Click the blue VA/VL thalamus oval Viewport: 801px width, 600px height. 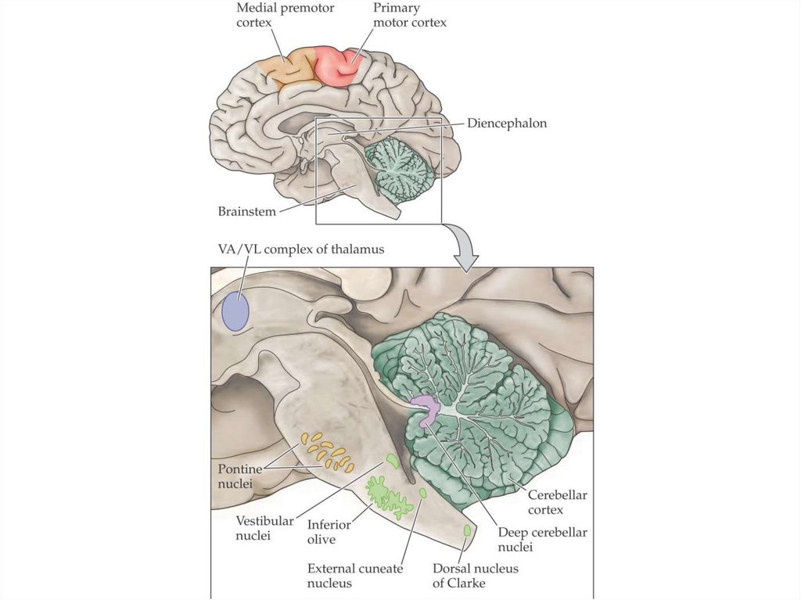point(235,311)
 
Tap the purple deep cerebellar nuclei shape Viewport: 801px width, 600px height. point(427,409)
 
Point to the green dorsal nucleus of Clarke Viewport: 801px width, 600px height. point(468,531)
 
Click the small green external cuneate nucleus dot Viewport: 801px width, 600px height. point(423,494)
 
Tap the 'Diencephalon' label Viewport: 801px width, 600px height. point(507,124)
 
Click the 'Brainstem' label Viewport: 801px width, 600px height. point(247,211)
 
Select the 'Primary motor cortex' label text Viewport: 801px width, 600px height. point(409,16)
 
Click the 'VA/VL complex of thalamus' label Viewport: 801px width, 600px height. point(301,250)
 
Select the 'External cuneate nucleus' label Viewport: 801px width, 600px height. point(355,576)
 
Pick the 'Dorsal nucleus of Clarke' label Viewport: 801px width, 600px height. point(476,576)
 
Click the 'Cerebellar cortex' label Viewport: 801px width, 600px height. point(557,502)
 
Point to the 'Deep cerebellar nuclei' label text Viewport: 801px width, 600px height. point(542,540)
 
